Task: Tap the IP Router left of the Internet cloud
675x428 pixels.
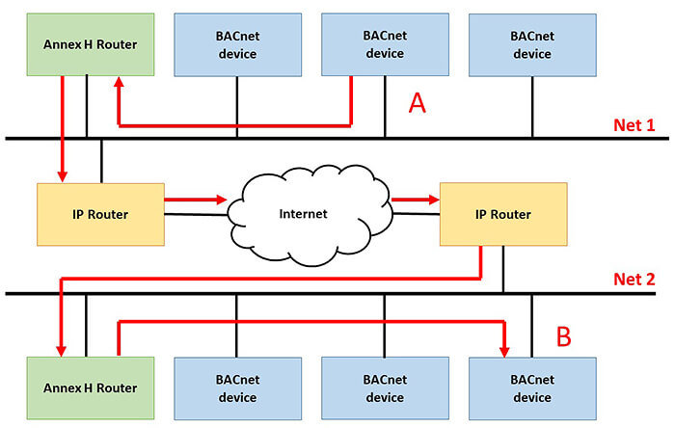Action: click(x=99, y=213)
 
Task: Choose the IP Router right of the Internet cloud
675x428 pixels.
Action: click(x=502, y=213)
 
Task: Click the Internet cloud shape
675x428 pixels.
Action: click(x=303, y=213)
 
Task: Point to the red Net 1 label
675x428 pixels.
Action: click(x=634, y=125)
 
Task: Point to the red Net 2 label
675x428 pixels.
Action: click(x=634, y=281)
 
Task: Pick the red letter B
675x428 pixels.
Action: click(x=565, y=337)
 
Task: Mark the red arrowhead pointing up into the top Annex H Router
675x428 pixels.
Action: click(x=119, y=85)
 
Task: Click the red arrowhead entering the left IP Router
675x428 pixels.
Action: click(x=62, y=174)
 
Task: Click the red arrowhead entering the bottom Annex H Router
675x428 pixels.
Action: click(x=62, y=348)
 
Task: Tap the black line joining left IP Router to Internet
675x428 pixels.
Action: click(x=197, y=213)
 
